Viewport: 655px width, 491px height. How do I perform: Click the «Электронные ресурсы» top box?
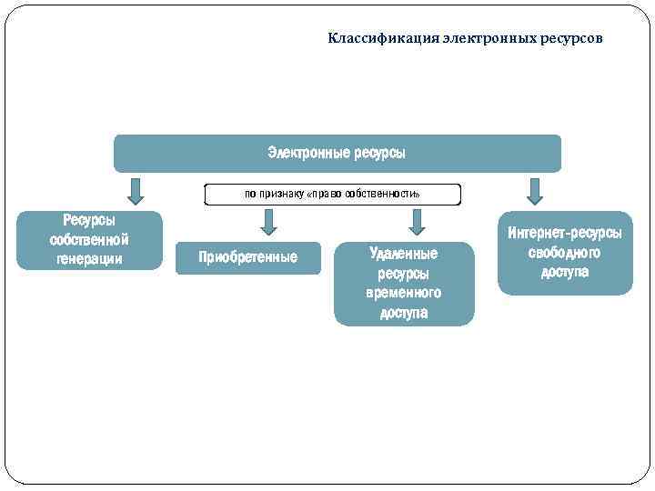pos(337,153)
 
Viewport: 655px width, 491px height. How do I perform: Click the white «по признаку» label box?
pos(333,195)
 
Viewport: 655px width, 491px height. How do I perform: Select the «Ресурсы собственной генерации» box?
pos(89,240)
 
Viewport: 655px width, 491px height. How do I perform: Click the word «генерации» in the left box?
pos(89,259)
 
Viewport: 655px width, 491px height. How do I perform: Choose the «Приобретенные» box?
pos(247,257)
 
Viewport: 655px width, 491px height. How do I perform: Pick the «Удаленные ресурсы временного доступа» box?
pos(404,284)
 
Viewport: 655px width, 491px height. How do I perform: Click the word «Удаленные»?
pos(404,254)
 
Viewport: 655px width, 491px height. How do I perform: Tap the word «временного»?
pos(404,294)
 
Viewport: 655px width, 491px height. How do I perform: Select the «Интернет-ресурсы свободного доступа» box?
pos(564,253)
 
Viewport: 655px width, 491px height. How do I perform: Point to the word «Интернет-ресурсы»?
pos(564,233)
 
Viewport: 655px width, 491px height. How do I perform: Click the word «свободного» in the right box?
pos(564,253)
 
